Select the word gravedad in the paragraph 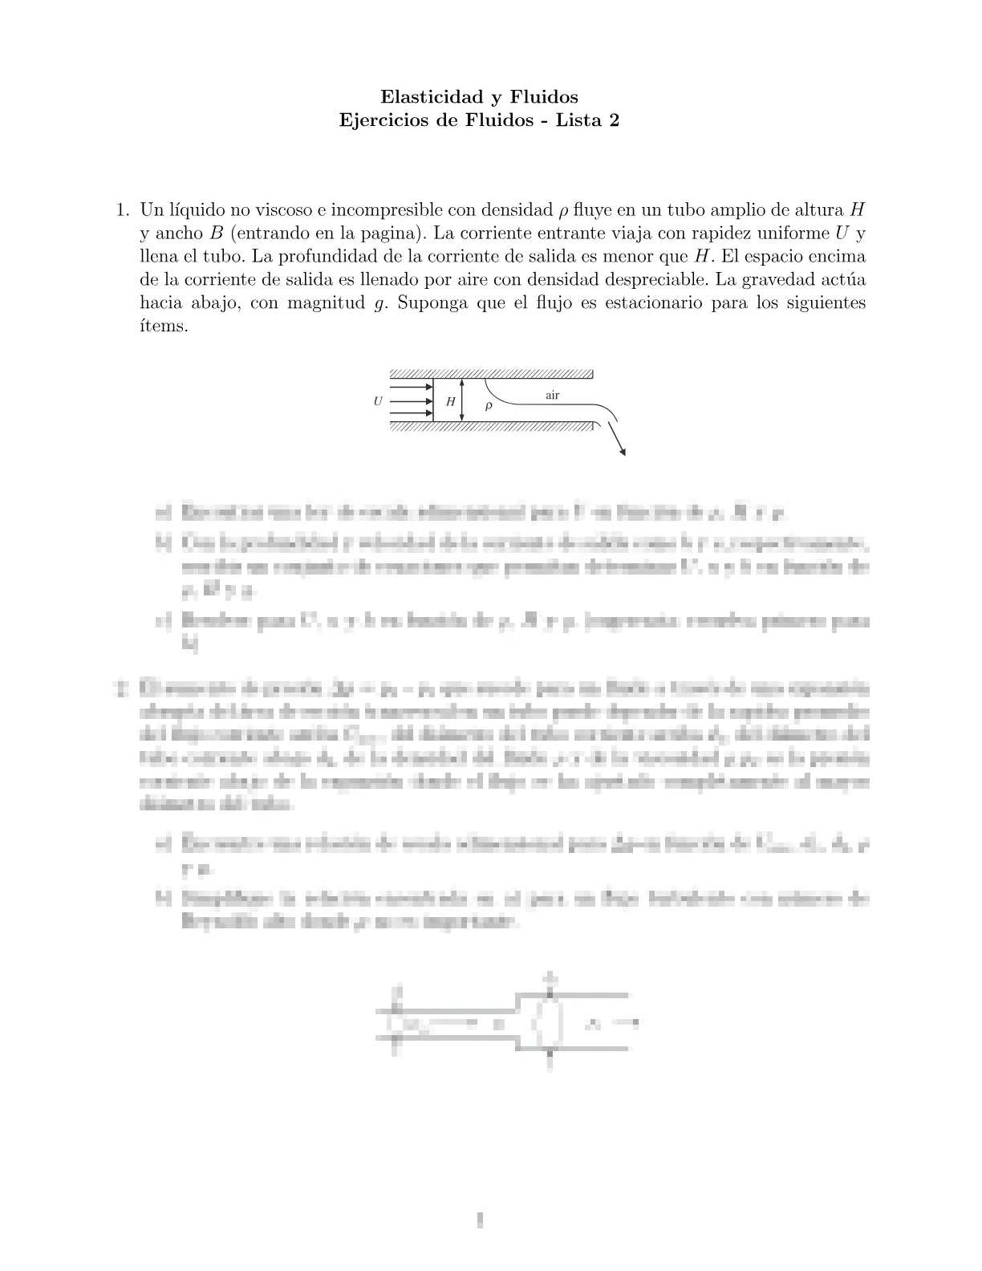(x=769, y=280)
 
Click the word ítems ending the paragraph (x=164, y=327)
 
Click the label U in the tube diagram (x=378, y=401)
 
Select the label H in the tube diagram (x=451, y=401)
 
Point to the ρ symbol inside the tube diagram (x=489, y=406)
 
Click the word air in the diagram (x=552, y=396)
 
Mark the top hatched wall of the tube (x=491, y=374)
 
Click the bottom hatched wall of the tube (x=491, y=426)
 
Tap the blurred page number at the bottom (x=480, y=1221)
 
